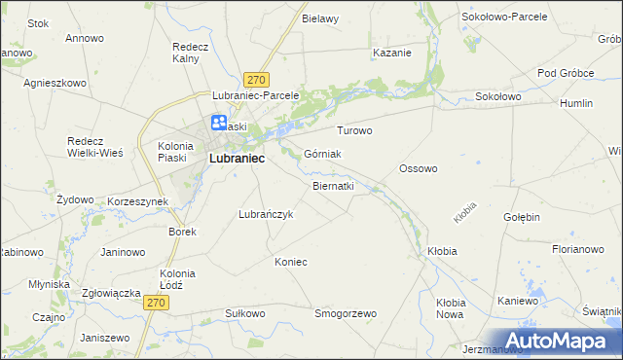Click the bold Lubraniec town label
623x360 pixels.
pos(238,159)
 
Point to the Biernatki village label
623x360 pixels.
pos(333,185)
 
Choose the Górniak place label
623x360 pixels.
pos(322,154)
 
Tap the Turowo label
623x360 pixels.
pos(354,130)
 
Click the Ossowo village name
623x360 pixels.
pos(419,168)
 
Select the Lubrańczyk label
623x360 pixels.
pos(265,214)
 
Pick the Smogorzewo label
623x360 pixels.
pos(346,314)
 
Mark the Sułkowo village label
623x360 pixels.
pos(245,314)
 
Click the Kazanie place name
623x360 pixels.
pos(391,53)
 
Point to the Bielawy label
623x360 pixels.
pos(320,18)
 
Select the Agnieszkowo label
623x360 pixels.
pos(55,83)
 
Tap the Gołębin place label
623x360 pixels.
pos(522,217)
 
